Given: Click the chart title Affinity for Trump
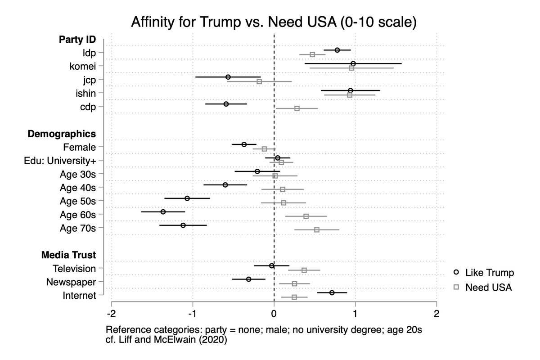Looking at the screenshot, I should [274, 22].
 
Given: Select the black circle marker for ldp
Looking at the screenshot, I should [337, 50].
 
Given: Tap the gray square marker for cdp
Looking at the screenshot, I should [297, 108].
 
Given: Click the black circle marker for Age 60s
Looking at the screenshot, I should [163, 211].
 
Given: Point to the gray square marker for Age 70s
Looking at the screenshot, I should [317, 229].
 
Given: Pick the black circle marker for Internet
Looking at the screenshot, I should [332, 292].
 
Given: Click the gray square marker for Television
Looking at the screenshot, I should [304, 270].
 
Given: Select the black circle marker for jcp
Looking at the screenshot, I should [228, 77].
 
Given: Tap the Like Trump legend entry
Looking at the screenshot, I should [483, 273].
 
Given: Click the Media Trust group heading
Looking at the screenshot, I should [68, 255].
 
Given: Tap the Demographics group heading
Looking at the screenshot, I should [62, 134].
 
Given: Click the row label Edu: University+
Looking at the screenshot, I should [60, 161].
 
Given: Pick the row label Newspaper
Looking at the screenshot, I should [71, 282].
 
